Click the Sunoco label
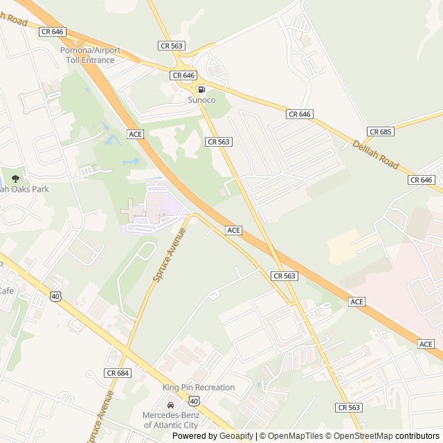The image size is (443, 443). pyautogui.click(x=201, y=100)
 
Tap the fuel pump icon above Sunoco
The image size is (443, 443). pyautogui.click(x=201, y=89)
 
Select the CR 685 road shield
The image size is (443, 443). pyautogui.click(x=381, y=132)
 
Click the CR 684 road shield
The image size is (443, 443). pyautogui.click(x=118, y=373)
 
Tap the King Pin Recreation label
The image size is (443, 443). pyautogui.click(x=199, y=388)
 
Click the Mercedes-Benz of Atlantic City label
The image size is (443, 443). pyautogui.click(x=170, y=420)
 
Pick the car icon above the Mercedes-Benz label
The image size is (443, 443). pyautogui.click(x=170, y=406)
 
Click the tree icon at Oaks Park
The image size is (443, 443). pyautogui.click(x=15, y=179)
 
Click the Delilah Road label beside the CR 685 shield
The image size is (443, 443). pyautogui.click(x=376, y=155)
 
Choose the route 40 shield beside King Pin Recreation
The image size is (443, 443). pyautogui.click(x=194, y=401)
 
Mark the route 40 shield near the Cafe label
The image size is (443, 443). pyautogui.click(x=55, y=296)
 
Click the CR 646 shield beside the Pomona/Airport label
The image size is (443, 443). pyautogui.click(x=52, y=32)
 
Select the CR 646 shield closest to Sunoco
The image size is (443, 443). pyautogui.click(x=184, y=75)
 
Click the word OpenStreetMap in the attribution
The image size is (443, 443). pyautogui.click(x=359, y=436)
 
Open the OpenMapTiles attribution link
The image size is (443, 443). pyautogui.click(x=293, y=436)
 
